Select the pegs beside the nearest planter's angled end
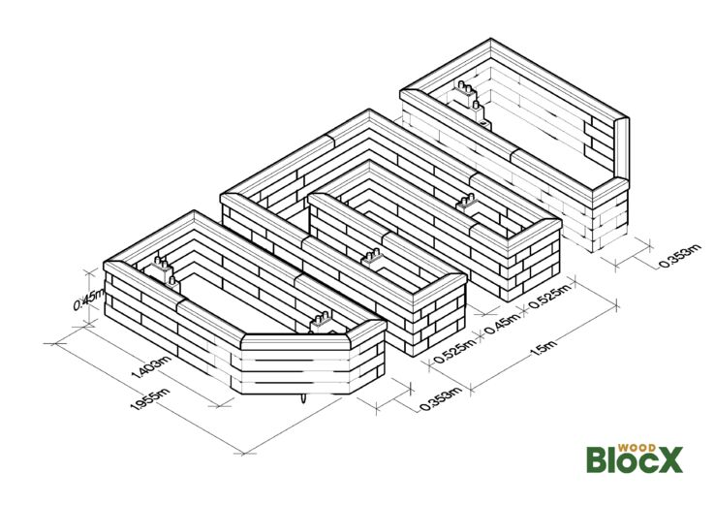tap(319, 321)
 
